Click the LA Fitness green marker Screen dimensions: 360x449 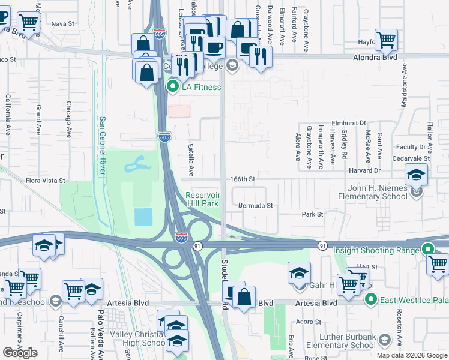[x=173, y=87]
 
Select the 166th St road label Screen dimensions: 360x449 [x=243, y=179]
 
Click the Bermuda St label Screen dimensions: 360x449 [x=256, y=206]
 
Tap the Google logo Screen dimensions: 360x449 [x=20, y=353]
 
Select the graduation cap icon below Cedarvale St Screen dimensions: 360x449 [x=415, y=175]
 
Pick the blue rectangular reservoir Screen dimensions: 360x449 [x=143, y=217]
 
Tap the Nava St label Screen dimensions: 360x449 [x=62, y=24]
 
